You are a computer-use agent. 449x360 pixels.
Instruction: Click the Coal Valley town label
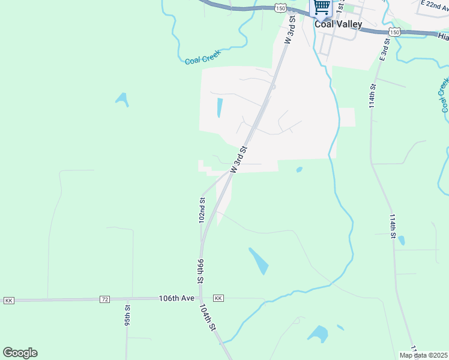coord(338,24)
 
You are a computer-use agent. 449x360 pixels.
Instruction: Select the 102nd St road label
coord(202,210)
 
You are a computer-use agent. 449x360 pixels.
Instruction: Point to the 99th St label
coord(200,272)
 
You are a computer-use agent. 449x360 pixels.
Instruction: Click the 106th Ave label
coord(177,298)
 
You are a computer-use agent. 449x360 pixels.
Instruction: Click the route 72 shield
coord(105,299)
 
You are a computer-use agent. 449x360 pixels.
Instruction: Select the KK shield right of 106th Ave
coord(218,298)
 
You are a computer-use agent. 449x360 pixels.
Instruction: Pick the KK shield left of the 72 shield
coord(8,299)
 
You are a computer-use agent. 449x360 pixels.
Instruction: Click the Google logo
coord(20,352)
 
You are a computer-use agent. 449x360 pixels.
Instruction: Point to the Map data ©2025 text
coord(423,355)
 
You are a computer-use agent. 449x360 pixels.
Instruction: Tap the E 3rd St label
coord(384,50)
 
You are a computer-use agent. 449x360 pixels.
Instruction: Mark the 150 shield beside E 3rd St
coord(394,31)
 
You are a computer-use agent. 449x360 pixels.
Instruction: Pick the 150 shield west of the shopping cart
coord(280,7)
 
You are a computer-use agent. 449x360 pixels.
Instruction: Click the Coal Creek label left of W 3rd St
coord(202,56)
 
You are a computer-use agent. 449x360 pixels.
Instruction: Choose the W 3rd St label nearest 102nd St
coord(240,157)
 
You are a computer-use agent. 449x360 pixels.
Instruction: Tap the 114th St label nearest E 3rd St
coord(373,95)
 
